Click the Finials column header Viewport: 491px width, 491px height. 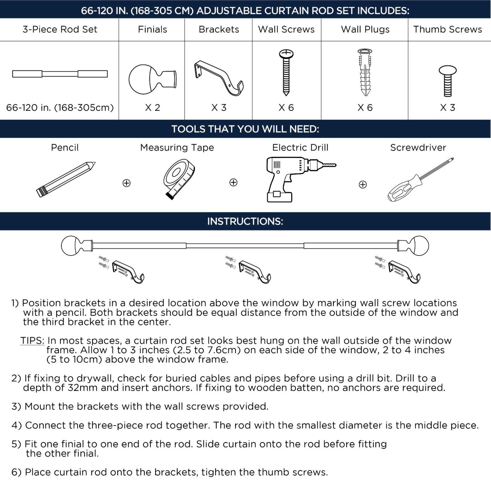[x=152, y=29]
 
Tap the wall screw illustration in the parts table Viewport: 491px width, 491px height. [x=286, y=73]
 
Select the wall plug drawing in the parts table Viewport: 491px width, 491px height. [x=365, y=73]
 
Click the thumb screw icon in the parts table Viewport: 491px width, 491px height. [x=447, y=81]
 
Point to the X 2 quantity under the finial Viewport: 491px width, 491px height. [x=152, y=108]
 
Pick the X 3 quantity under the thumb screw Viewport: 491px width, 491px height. [x=447, y=108]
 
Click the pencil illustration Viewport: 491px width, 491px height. [x=66, y=179]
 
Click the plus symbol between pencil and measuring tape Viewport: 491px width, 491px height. [x=126, y=183]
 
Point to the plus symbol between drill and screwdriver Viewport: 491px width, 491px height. [x=363, y=184]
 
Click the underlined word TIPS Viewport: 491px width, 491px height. [x=32, y=341]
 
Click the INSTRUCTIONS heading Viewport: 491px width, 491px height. [x=245, y=221]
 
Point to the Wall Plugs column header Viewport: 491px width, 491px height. [x=365, y=29]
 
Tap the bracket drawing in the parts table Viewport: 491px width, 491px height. [x=218, y=78]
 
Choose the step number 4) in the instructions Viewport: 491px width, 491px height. [x=17, y=425]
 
